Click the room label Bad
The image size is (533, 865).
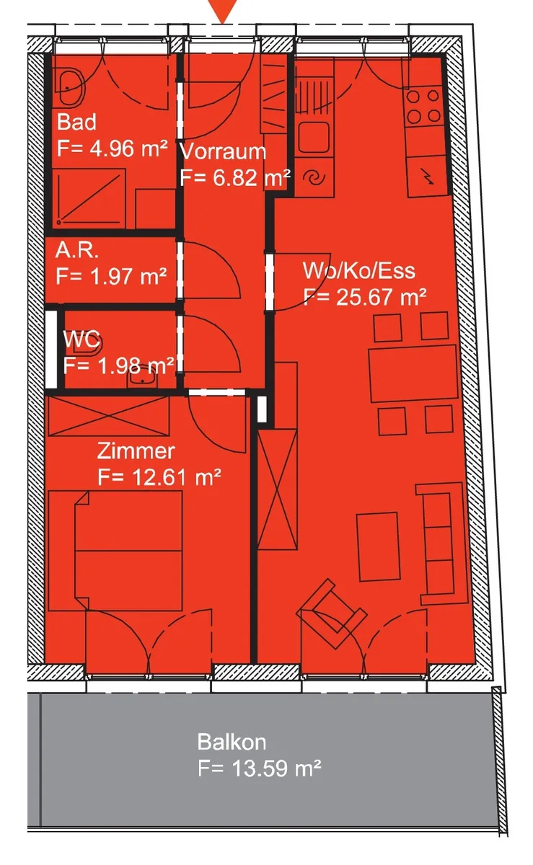pos(76,123)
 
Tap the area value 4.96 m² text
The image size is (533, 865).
pos(129,148)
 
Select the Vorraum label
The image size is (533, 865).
pos(224,151)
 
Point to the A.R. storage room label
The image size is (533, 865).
pos(76,250)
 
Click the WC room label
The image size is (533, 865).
pos(82,340)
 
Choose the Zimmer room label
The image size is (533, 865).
pos(136,451)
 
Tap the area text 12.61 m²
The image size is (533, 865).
pos(176,477)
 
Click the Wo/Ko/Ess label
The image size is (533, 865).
pos(359,271)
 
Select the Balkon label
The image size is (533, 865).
pos(232,742)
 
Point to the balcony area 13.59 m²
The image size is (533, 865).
pos(276,768)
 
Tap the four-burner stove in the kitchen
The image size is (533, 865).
pos(423,106)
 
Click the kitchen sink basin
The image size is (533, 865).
pos(314,137)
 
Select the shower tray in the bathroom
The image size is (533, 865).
pos(89,198)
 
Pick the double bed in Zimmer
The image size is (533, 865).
pos(115,551)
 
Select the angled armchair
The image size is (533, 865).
pos(331,613)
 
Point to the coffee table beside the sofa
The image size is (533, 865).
pos(378,546)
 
